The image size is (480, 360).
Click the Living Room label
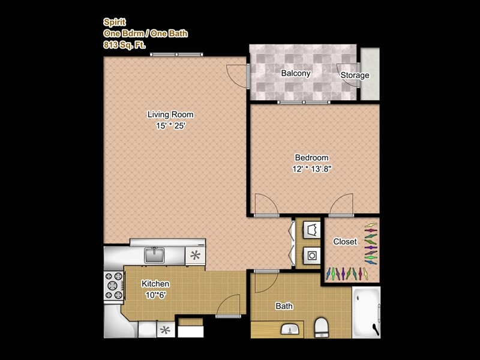click(x=171, y=114)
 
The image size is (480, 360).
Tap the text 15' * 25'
click(x=171, y=126)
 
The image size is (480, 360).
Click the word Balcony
click(x=296, y=74)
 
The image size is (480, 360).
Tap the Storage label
click(x=355, y=76)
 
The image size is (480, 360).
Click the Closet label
click(x=345, y=242)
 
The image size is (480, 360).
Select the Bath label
click(x=284, y=306)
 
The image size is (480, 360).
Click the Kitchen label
click(x=155, y=284)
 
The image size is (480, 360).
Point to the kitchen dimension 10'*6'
click(x=155, y=295)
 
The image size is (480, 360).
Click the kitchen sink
click(x=155, y=255)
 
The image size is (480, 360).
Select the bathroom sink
click(x=290, y=329)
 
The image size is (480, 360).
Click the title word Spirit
click(x=113, y=22)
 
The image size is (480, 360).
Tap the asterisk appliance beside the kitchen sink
click(x=195, y=254)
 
